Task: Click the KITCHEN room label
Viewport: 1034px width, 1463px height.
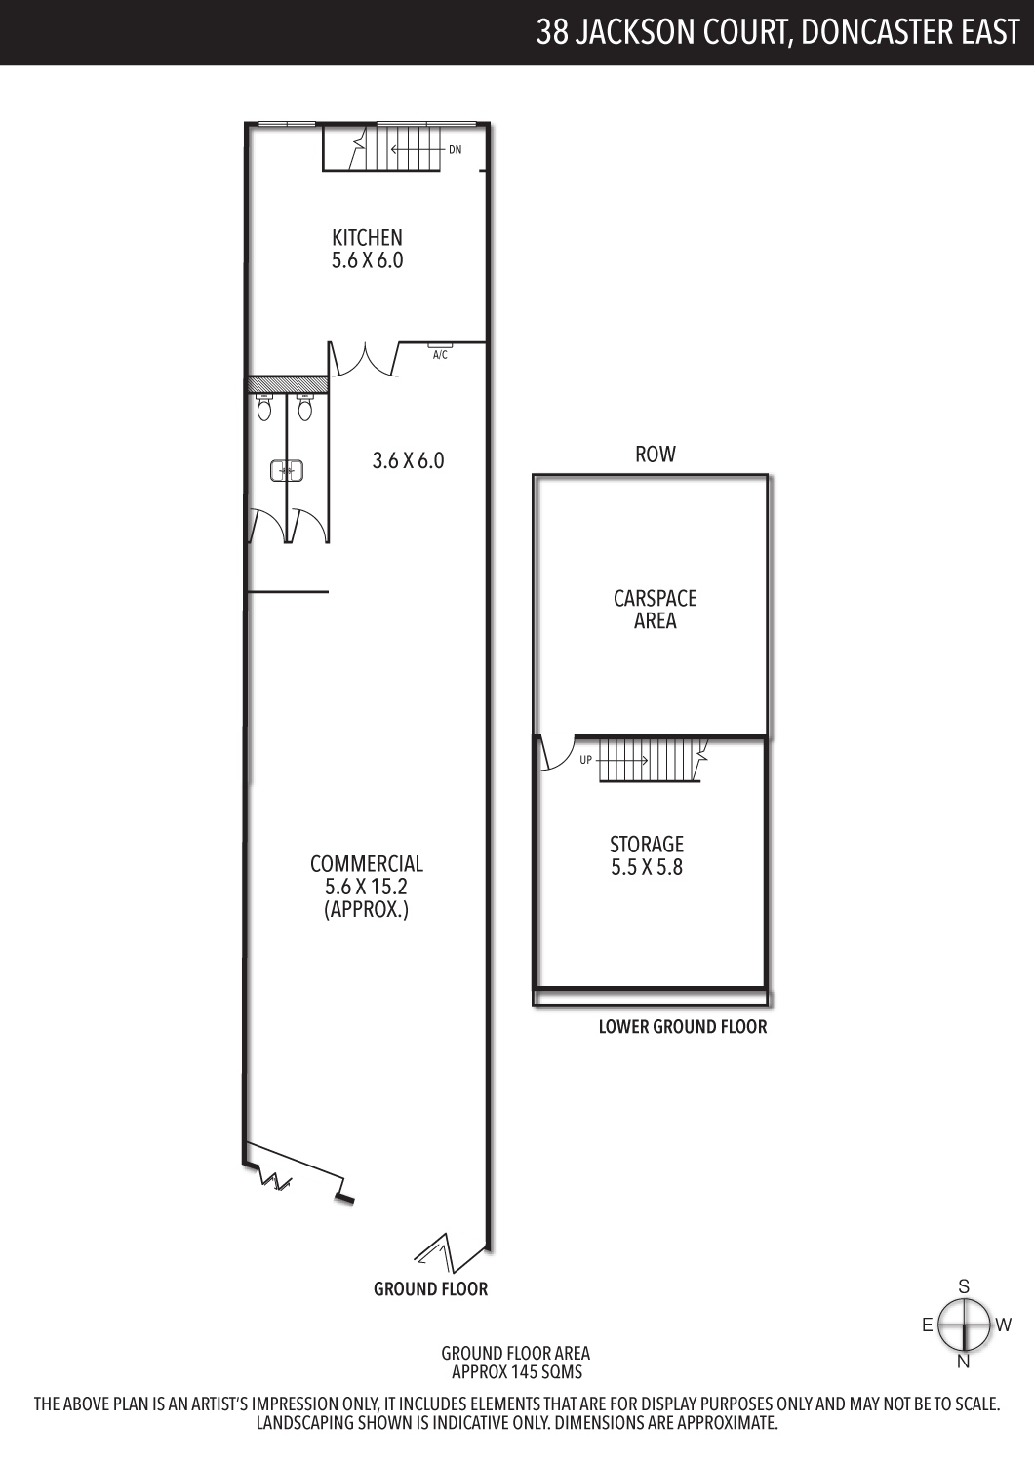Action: pos(367,237)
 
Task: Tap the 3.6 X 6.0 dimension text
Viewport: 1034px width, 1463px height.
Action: pos(409,461)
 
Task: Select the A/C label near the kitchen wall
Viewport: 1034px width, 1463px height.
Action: pos(440,355)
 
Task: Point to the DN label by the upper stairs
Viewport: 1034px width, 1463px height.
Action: pos(456,149)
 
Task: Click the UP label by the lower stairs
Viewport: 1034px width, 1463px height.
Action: pos(586,760)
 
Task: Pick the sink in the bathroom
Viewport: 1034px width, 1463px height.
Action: pos(286,470)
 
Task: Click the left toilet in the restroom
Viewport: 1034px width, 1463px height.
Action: pos(264,407)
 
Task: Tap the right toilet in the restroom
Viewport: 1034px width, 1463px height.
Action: pos(305,407)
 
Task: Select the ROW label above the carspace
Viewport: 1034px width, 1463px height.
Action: pos(656,455)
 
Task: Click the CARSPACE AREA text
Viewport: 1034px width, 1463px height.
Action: pos(656,610)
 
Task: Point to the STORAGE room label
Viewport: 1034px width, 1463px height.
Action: pos(647,845)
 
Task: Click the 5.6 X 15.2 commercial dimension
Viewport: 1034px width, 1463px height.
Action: pos(367,887)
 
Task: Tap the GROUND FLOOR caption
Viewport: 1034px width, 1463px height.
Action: pos(431,1288)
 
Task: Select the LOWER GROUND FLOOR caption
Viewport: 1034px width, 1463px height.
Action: pos(683,1027)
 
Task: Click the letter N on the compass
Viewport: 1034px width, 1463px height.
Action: pos(964,1362)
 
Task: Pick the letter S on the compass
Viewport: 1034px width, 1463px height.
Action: pos(964,1286)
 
